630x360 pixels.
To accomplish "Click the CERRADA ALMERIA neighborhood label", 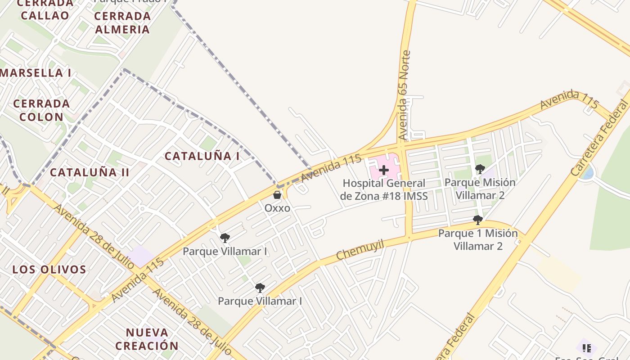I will pos(122,22).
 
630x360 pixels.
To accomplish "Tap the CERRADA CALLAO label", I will pos(45,10).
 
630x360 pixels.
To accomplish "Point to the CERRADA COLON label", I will pos(41,110).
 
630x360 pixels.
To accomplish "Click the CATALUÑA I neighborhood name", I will pos(202,156).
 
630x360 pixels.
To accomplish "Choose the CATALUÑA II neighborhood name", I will pos(90,172).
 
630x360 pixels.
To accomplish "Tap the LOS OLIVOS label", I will pos(49,270).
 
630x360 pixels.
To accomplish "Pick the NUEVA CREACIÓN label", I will pos(147,339).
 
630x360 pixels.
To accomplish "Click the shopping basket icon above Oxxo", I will pos(277,195).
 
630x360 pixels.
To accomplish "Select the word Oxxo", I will pos(277,208).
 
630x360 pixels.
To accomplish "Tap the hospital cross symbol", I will pos(384,170).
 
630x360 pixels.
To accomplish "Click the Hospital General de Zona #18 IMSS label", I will pos(384,189).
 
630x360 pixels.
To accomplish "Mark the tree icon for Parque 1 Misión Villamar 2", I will pos(478,220).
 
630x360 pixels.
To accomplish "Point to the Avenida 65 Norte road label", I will pos(405,95).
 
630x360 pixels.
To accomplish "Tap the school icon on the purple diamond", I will pos(587,348).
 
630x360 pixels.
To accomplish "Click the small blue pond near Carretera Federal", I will pos(587,173).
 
